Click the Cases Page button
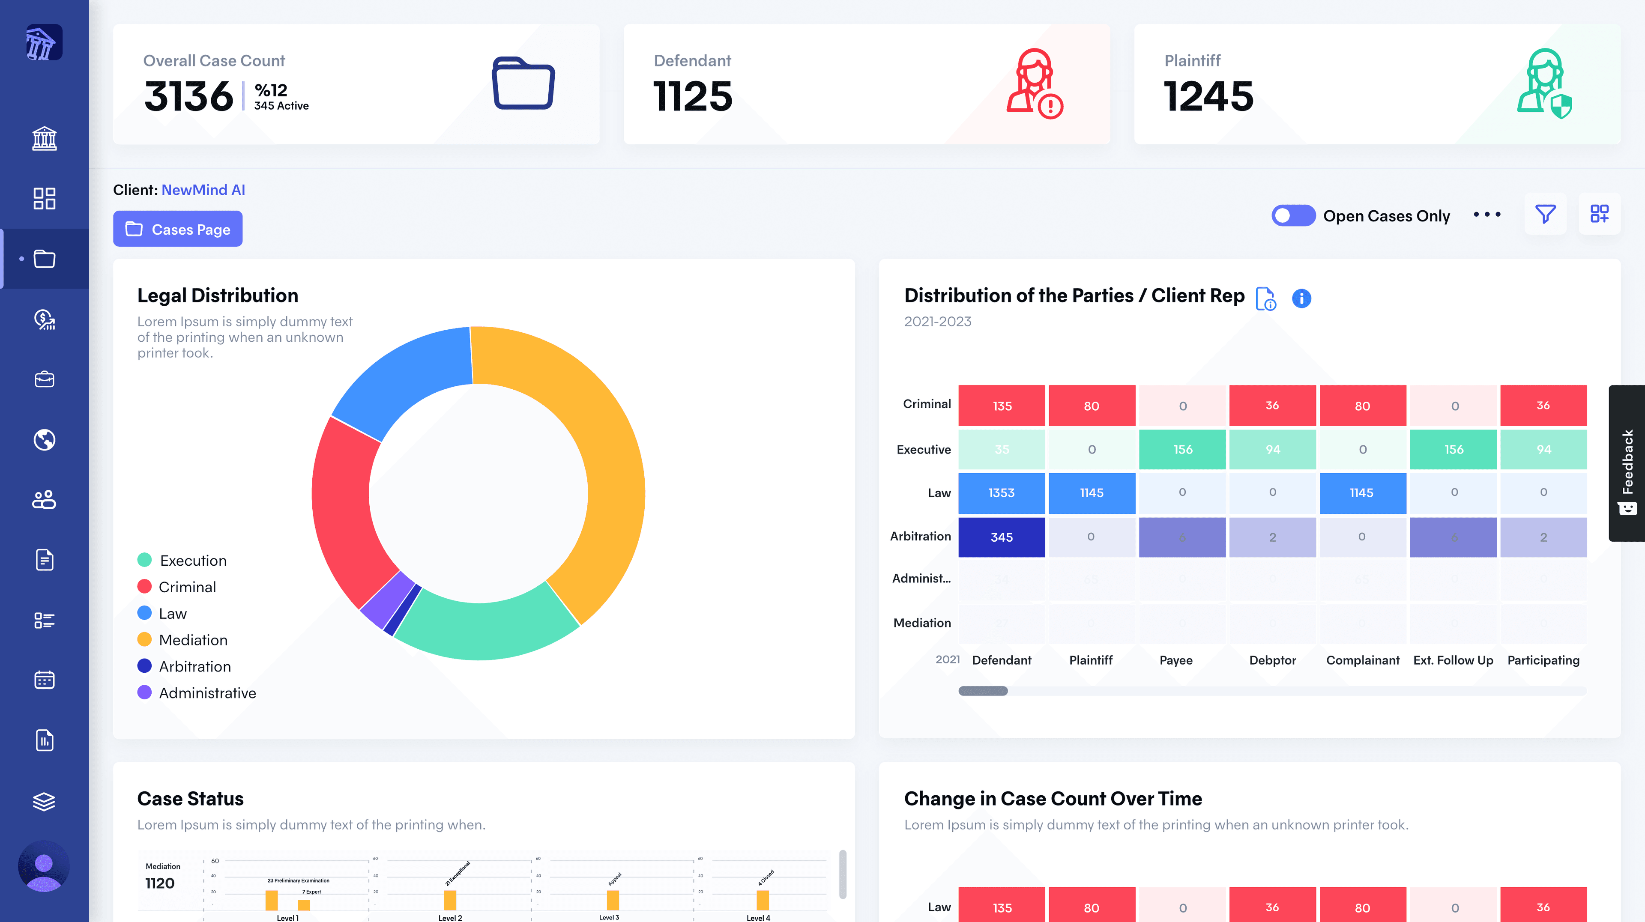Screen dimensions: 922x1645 click(x=177, y=229)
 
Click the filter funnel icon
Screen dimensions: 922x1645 click(x=1545, y=214)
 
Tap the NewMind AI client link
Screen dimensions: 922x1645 click(x=203, y=190)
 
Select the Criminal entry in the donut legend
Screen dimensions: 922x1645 click(x=186, y=587)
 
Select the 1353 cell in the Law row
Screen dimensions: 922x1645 click(x=1001, y=493)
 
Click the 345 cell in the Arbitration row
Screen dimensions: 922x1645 click(x=1001, y=537)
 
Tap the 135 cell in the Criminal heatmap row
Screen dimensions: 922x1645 click(x=1001, y=406)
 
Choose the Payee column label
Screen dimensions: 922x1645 click(x=1175, y=660)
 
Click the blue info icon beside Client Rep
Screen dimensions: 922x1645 click(x=1301, y=298)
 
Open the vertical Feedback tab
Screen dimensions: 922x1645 click(x=1627, y=463)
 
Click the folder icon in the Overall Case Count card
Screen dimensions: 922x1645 click(x=523, y=84)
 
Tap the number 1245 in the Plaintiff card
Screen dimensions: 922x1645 click(x=1208, y=96)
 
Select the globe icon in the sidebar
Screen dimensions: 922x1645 click(x=44, y=440)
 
